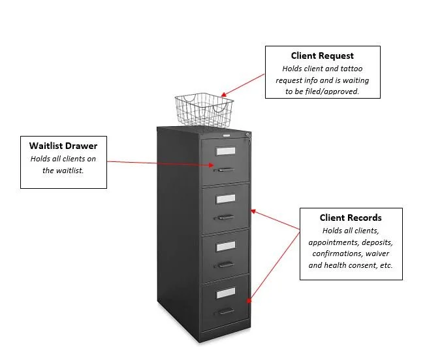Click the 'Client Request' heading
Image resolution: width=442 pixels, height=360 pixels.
coord(323,56)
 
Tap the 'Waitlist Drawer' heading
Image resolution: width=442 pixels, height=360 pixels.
coord(63,146)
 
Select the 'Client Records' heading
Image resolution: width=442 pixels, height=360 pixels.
coord(351,218)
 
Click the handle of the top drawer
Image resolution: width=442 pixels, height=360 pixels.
coord(225,170)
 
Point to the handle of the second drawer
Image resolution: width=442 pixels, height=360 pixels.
coord(225,217)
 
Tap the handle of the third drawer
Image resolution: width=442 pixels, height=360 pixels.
coord(225,264)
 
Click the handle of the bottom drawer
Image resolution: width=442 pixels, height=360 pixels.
coord(225,311)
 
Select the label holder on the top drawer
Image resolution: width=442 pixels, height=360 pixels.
coord(226,151)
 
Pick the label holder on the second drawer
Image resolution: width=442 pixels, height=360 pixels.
coord(226,198)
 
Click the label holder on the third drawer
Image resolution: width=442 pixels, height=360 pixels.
coord(226,246)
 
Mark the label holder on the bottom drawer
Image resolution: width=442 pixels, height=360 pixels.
coord(226,292)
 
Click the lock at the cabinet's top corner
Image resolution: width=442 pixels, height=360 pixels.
coord(247,136)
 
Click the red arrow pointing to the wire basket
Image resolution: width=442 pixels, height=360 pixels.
coord(243,84)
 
